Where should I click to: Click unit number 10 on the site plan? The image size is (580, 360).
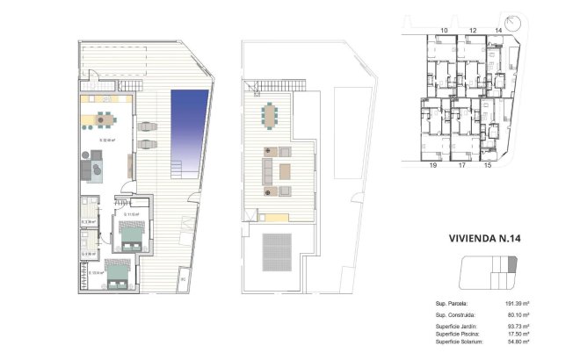pyautogui.click(x=445, y=30)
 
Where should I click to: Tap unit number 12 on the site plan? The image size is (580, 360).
pyautogui.click(x=472, y=30)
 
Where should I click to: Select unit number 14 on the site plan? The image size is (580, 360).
pyautogui.click(x=498, y=30)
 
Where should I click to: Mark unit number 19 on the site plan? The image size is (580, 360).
pyautogui.click(x=432, y=164)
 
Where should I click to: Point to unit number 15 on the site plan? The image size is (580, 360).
pyautogui.click(x=488, y=164)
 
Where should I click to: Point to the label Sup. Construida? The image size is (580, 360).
pyautogui.click(x=455, y=313)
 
